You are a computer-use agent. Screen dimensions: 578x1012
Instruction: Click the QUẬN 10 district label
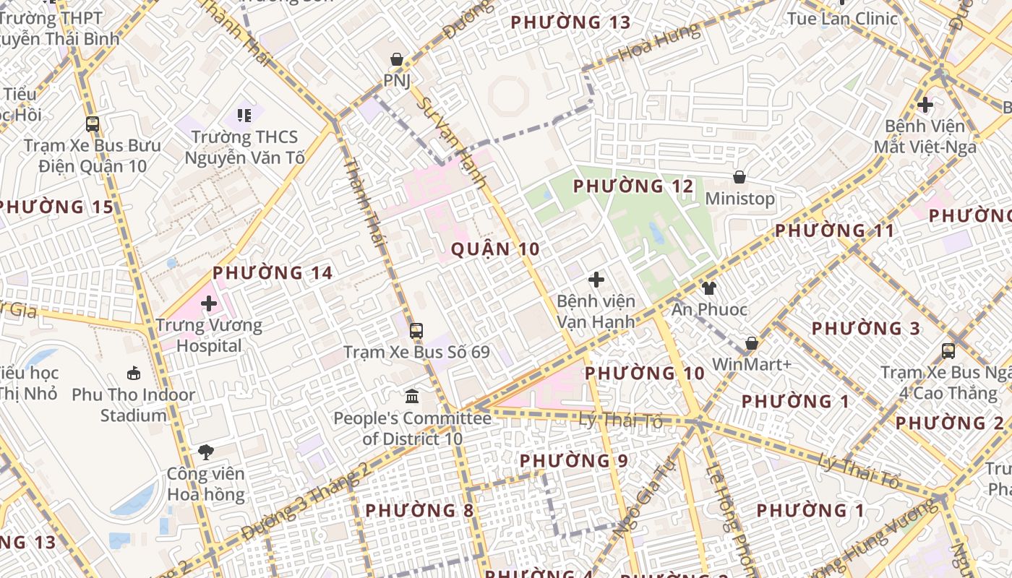pos(495,249)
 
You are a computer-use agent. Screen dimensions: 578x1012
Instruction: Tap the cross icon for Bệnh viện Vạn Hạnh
pos(596,280)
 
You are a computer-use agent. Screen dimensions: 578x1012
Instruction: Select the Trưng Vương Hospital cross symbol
pos(209,303)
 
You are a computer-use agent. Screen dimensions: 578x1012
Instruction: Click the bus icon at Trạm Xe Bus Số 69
pos(416,331)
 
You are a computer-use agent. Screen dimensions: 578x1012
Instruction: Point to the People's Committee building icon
pos(412,396)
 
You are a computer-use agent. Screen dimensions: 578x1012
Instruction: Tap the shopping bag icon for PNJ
pos(397,59)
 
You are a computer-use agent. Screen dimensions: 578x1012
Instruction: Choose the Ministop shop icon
pos(739,177)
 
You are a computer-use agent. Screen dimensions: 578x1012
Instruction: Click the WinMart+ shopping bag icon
pos(752,343)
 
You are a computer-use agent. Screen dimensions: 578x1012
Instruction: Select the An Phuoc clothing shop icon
pos(708,288)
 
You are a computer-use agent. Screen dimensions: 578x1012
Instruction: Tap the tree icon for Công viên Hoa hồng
pos(206,452)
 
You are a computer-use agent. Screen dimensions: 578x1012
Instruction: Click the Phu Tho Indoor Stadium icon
pos(134,373)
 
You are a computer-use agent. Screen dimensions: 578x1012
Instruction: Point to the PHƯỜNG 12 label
pos(633,186)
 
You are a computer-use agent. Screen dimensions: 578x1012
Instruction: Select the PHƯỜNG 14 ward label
pos(273,273)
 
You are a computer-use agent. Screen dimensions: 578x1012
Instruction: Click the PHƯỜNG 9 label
pos(574,461)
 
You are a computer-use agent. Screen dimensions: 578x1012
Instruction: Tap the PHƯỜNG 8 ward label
pos(419,511)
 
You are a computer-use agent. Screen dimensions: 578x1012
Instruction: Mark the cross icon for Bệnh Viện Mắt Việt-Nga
pos(925,105)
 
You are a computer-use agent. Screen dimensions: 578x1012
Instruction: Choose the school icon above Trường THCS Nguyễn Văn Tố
pos(244,115)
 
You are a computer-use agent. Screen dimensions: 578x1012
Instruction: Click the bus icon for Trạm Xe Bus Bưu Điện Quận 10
pos(93,124)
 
